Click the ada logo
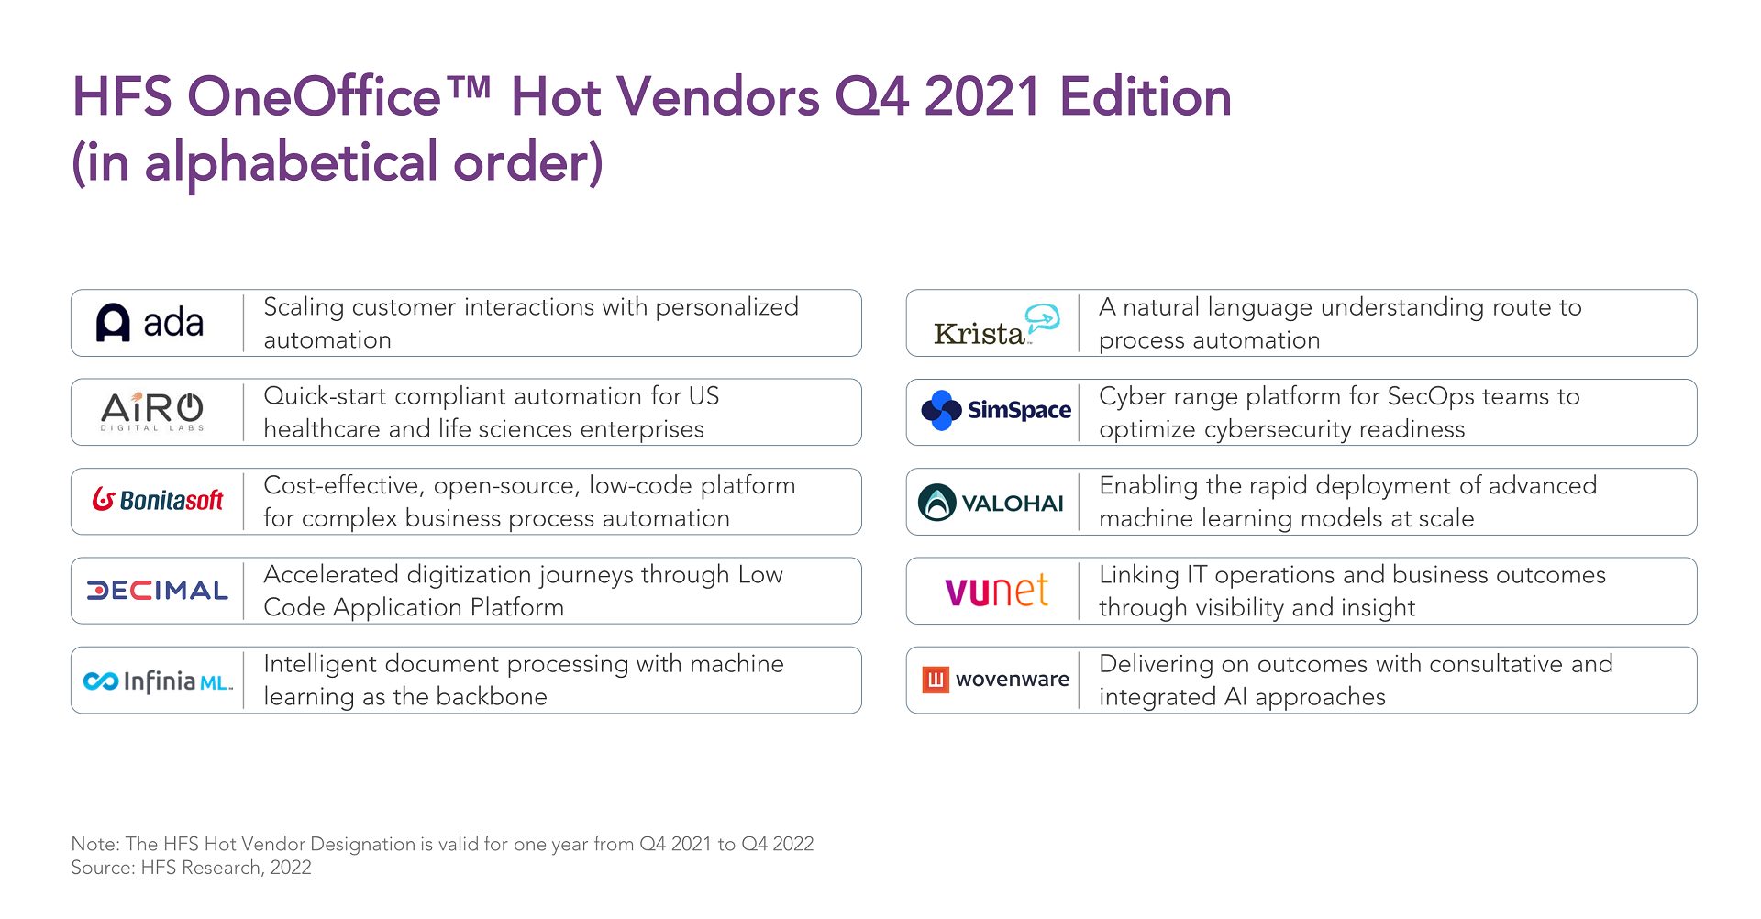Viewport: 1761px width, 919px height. click(150, 323)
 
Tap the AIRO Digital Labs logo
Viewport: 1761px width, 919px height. click(152, 411)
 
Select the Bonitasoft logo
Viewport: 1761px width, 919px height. click(158, 500)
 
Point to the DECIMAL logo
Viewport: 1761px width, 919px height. click(157, 591)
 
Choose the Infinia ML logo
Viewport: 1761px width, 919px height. click(158, 681)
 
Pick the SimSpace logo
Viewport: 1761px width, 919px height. click(996, 410)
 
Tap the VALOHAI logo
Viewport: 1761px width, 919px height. click(991, 503)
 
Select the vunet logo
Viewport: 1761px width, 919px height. click(996, 591)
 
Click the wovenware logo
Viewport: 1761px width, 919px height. click(996, 680)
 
